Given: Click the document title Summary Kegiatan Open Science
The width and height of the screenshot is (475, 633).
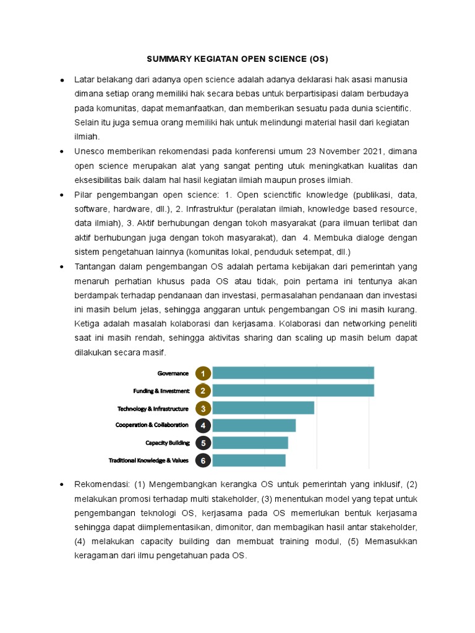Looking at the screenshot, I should pyautogui.click(x=237, y=59).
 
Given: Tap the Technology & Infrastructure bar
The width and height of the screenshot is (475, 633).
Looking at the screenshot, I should pyautogui.click(x=263, y=408).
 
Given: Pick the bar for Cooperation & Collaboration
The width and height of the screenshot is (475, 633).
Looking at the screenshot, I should pyautogui.click(x=254, y=425).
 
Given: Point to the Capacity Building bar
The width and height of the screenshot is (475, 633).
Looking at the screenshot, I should pyautogui.click(x=250, y=443).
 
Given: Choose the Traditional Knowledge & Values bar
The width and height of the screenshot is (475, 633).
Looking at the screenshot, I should pyautogui.click(x=249, y=460).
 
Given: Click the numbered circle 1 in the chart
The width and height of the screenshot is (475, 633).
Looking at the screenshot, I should pyautogui.click(x=203, y=373).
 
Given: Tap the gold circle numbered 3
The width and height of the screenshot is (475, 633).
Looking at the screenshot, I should pyautogui.click(x=203, y=409).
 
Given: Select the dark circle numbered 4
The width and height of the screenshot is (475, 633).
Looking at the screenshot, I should pyautogui.click(x=203, y=426).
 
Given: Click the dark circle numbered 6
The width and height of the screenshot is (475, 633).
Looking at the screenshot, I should pyautogui.click(x=203, y=461).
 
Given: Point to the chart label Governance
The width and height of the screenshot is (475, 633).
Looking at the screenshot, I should pyautogui.click(x=173, y=373).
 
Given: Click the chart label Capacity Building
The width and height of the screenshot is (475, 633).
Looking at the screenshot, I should pyautogui.click(x=167, y=443).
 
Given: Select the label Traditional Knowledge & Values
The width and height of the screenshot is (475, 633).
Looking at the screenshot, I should pyautogui.click(x=148, y=461).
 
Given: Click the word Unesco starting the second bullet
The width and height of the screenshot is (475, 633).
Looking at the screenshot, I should pyautogui.click(x=89, y=151).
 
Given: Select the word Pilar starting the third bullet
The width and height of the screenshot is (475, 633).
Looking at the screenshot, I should pyautogui.click(x=83, y=195).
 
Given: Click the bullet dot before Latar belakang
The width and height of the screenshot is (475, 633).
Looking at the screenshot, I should pyautogui.click(x=62, y=80).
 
